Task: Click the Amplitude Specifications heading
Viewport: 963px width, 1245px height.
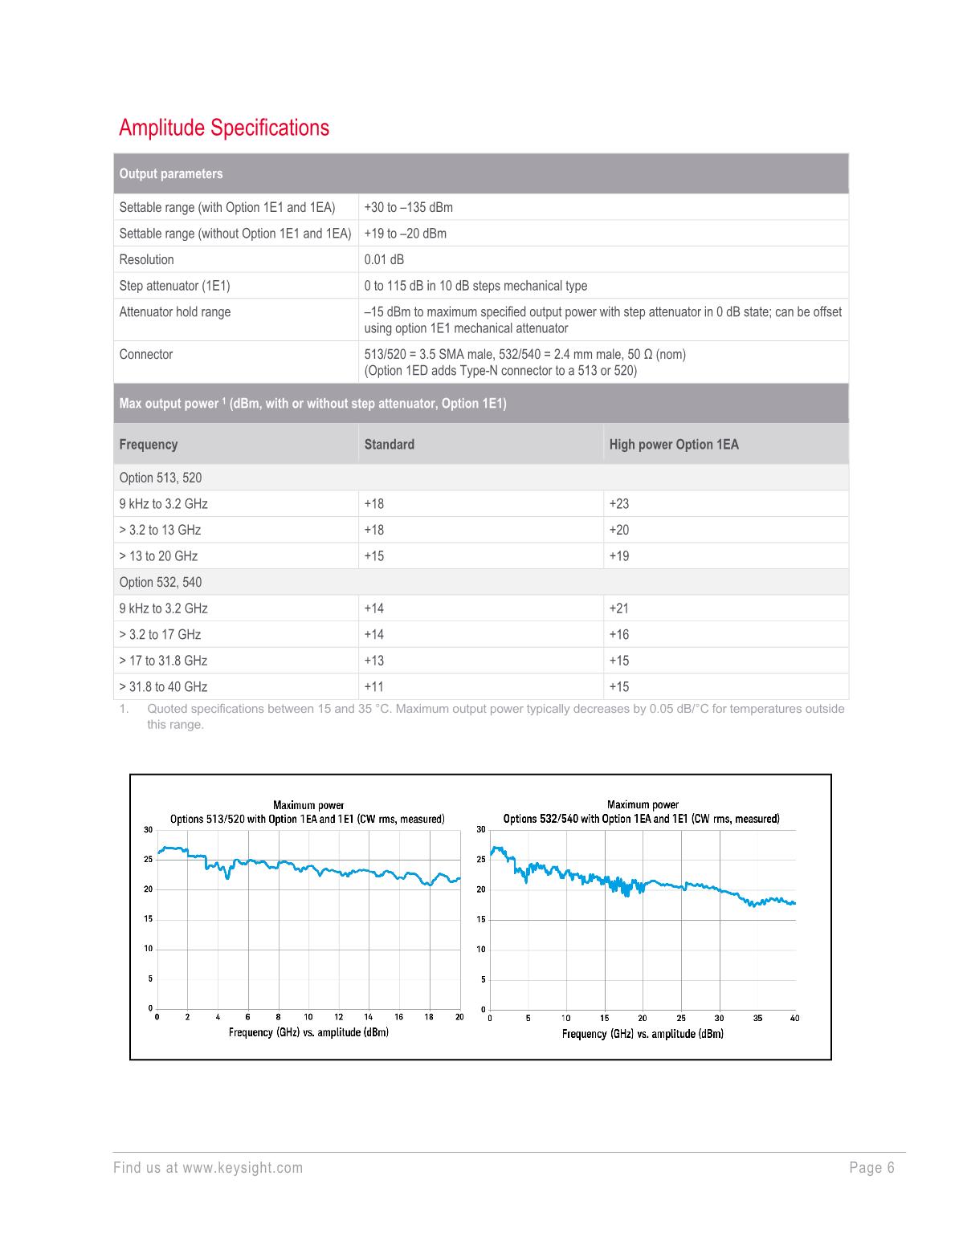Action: tap(223, 128)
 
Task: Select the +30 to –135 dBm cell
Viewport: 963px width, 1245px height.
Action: tap(408, 207)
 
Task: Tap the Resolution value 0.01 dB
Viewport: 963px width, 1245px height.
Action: tap(384, 259)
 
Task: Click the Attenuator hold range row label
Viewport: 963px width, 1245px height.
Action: tap(174, 311)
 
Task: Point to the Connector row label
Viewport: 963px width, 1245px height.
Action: tap(145, 354)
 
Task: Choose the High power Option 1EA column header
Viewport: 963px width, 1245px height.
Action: tap(673, 444)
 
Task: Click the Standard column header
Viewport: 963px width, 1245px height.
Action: tap(389, 444)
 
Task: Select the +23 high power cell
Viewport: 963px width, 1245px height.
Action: tap(618, 503)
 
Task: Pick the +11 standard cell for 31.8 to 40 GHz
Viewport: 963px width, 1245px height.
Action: tap(373, 686)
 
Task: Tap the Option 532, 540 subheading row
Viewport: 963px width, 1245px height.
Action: tap(160, 582)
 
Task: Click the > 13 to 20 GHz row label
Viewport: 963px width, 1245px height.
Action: tap(157, 555)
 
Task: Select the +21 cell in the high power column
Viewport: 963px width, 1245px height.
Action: tap(618, 608)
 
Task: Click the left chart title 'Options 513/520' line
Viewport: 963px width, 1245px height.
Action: tap(307, 819)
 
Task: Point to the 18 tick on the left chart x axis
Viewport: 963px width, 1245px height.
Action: tap(430, 1017)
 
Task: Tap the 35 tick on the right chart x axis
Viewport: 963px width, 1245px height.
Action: tap(757, 1018)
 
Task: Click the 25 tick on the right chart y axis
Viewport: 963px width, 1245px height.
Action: tap(480, 860)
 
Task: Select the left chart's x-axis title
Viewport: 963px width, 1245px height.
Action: tap(308, 1032)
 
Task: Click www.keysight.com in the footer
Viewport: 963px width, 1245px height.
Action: tap(243, 1167)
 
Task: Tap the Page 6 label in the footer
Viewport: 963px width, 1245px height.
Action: tap(871, 1167)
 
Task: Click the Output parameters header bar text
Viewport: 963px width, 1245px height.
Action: tap(170, 173)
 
